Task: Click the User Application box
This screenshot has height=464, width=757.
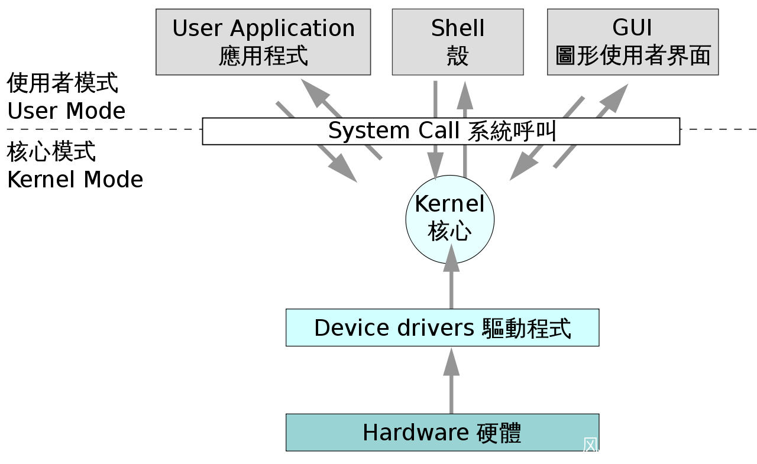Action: [263, 42]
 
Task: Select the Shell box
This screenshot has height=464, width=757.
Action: [457, 42]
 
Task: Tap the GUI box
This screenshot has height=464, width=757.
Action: [632, 42]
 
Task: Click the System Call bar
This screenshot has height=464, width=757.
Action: [441, 131]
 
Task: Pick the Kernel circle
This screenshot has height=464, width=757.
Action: [449, 219]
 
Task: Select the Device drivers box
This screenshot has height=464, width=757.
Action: [442, 327]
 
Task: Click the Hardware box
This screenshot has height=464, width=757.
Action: [442, 433]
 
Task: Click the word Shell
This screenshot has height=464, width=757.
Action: [457, 28]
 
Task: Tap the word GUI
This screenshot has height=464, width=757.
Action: [632, 28]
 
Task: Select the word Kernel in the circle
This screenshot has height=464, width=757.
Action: [449, 205]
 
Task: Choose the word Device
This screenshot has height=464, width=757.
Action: [349, 327]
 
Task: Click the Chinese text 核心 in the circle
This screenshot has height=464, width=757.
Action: [449, 232]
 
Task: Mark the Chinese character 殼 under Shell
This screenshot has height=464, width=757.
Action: [457, 57]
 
